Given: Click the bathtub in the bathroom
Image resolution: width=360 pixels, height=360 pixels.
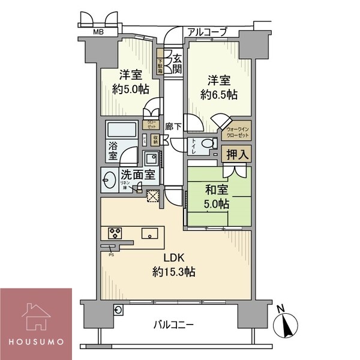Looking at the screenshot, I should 122,131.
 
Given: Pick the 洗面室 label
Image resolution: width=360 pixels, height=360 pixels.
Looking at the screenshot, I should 138,175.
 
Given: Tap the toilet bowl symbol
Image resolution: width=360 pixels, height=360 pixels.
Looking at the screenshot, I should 206,144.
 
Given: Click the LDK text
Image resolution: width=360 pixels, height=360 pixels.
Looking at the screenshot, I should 173,259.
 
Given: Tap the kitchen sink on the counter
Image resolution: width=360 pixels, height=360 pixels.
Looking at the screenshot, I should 149,233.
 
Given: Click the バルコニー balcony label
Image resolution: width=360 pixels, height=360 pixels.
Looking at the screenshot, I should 173,325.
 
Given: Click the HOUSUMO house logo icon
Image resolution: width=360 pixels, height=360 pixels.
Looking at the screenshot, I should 35,316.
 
